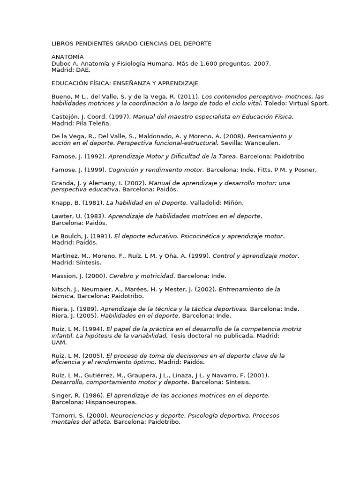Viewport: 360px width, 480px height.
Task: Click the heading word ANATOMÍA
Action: (x=67, y=57)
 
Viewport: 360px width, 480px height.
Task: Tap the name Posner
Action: (x=306, y=170)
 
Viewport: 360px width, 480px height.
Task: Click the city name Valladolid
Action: (x=205, y=203)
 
